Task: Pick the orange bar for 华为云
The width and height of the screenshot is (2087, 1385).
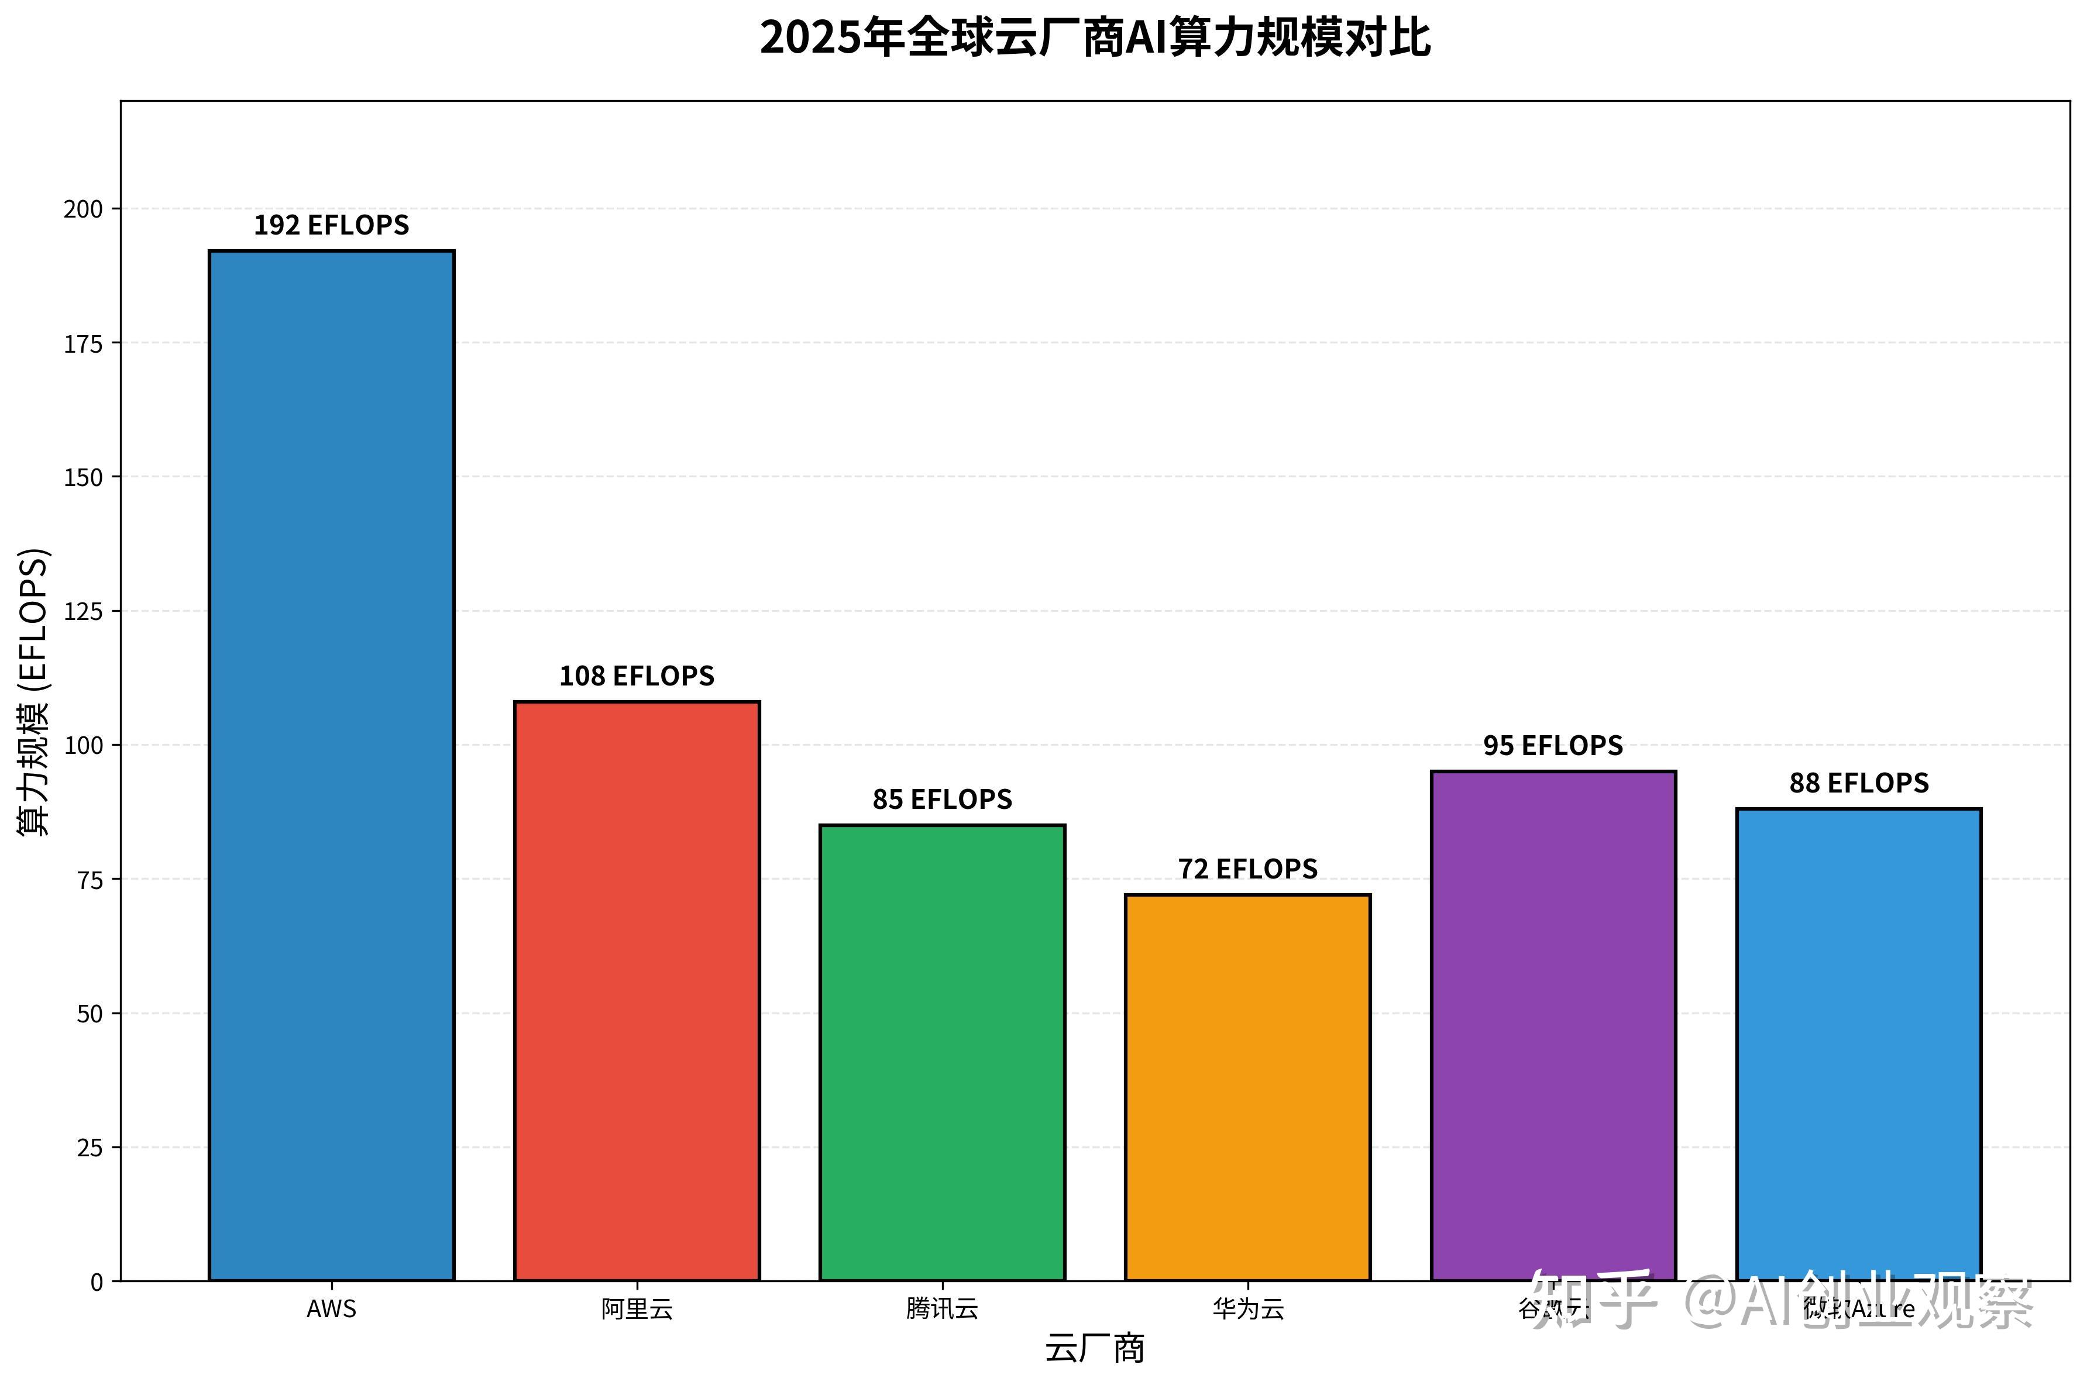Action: click(x=1247, y=1087)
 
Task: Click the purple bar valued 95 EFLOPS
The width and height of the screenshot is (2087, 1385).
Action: click(x=1552, y=1025)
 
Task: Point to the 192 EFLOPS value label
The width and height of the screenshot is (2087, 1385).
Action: click(x=331, y=225)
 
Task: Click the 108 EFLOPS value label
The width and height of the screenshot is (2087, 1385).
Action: click(x=636, y=676)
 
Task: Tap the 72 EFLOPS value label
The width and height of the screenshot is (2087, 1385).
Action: click(x=1247, y=869)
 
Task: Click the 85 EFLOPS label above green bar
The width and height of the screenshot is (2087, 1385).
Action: click(x=942, y=800)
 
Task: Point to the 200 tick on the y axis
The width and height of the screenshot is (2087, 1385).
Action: click(x=83, y=209)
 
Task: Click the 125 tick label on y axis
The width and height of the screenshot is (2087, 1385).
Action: click(x=83, y=611)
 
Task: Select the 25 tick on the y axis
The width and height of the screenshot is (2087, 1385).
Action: click(x=90, y=1148)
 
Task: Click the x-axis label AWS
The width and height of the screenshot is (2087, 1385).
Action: click(x=331, y=1309)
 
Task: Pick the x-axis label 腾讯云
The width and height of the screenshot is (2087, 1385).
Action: click(x=942, y=1309)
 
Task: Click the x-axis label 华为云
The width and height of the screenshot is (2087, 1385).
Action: click(x=1247, y=1309)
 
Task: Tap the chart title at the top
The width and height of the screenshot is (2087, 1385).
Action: click(x=1094, y=38)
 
